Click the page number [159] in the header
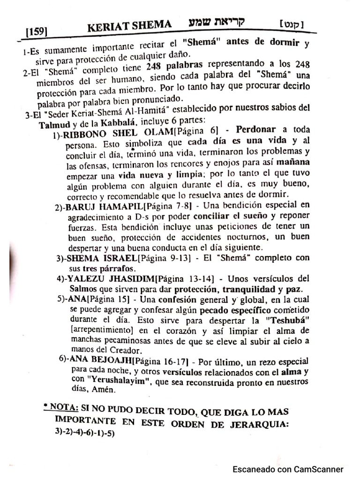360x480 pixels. pos(36,32)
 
